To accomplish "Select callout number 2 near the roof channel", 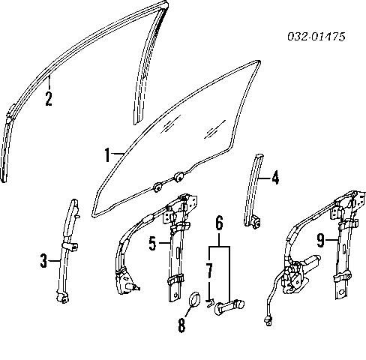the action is click(48, 98).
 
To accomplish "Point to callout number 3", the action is click(44, 261).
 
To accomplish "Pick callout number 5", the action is click(153, 243).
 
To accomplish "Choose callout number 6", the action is click(219, 222).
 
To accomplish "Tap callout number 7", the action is click(209, 268).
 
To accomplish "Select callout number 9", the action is click(320, 241).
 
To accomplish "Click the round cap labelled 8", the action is click(193, 300).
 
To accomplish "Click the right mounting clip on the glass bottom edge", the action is click(180, 176).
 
